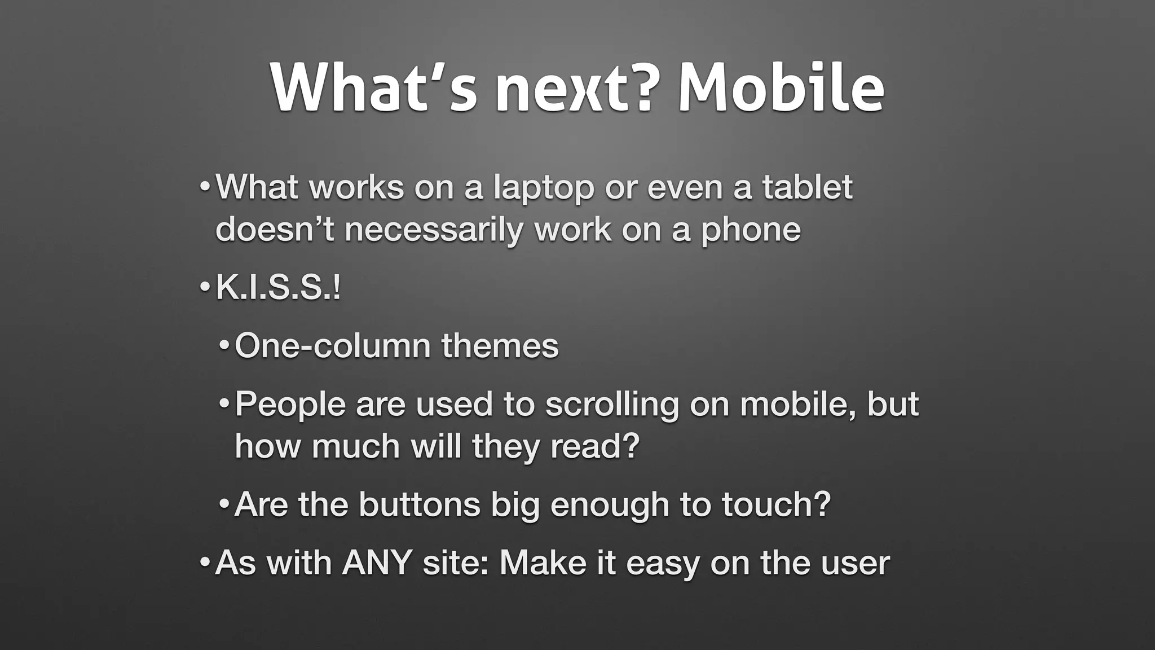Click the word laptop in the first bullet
[544, 188]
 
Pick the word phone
[751, 230]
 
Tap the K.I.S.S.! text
[278, 288]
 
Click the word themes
[500, 346]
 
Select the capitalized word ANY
[376, 563]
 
